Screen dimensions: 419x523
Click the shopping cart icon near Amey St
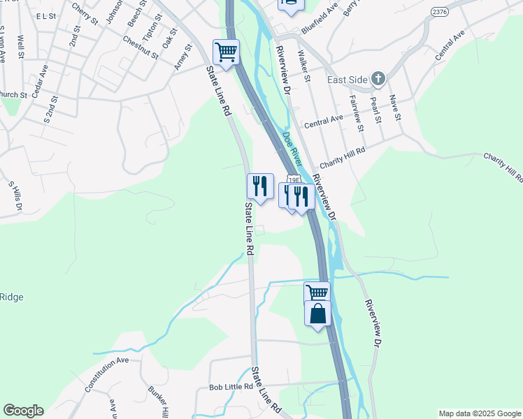pyautogui.click(x=226, y=52)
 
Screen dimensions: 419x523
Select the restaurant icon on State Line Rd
pyautogui.click(x=260, y=186)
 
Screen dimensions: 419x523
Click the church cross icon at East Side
pyautogui.click(x=378, y=78)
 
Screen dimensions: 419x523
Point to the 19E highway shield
pyautogui.click(x=294, y=179)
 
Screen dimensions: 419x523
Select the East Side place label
pyautogui.click(x=348, y=79)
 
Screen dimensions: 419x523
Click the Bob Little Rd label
pyautogui.click(x=230, y=387)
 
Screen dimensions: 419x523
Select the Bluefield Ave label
pyautogui.click(x=319, y=27)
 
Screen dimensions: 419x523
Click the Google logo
pyautogui.click(x=23, y=411)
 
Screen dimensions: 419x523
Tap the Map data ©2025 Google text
pyautogui.click(x=479, y=413)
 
